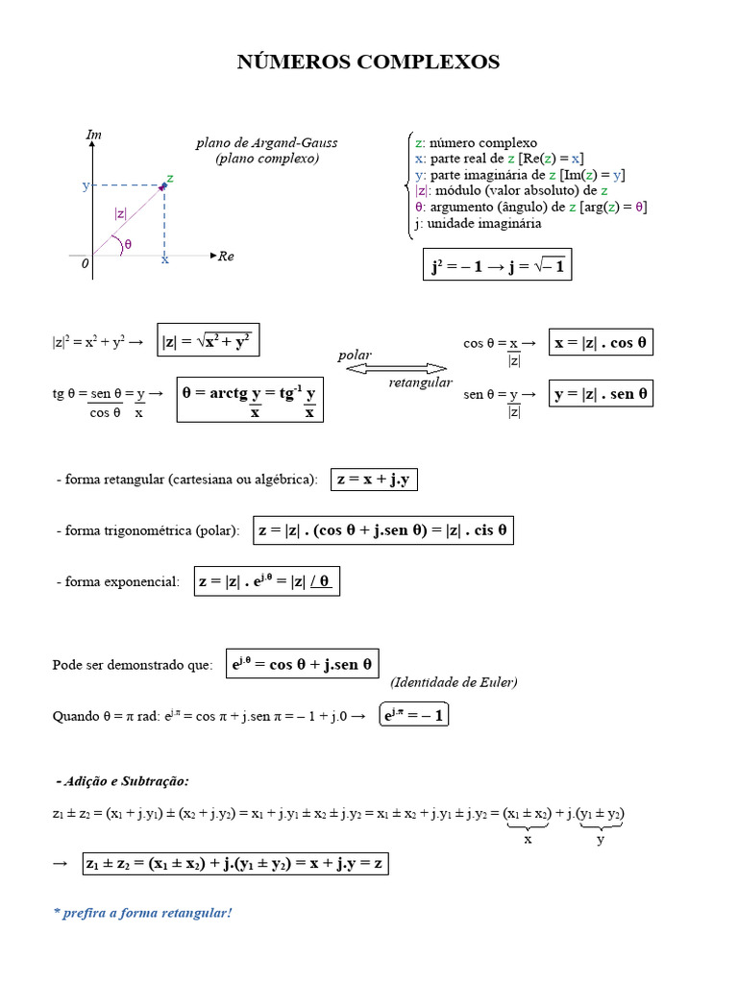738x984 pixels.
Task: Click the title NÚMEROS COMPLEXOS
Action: [x=368, y=62]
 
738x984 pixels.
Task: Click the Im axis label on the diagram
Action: [x=94, y=135]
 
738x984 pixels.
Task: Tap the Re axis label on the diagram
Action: [x=226, y=256]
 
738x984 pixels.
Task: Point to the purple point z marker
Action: [x=163, y=186]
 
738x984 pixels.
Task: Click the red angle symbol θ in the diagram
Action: [x=128, y=244]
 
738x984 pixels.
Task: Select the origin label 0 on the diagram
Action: [x=85, y=262]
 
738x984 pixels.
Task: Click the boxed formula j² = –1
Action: [x=497, y=264]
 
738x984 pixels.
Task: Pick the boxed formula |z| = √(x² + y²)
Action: [x=209, y=341]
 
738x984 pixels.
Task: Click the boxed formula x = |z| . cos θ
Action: [x=601, y=343]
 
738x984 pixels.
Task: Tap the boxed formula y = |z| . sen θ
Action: [x=601, y=393]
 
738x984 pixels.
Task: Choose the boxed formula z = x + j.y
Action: [x=374, y=480]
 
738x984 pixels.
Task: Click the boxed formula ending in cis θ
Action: [x=382, y=529]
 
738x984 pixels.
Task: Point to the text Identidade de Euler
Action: [x=454, y=682]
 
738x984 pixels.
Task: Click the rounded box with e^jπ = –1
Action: [x=414, y=716]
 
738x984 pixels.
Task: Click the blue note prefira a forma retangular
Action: [x=142, y=912]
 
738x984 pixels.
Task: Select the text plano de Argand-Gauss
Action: [x=266, y=143]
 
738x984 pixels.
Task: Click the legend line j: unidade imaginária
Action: [x=478, y=223]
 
